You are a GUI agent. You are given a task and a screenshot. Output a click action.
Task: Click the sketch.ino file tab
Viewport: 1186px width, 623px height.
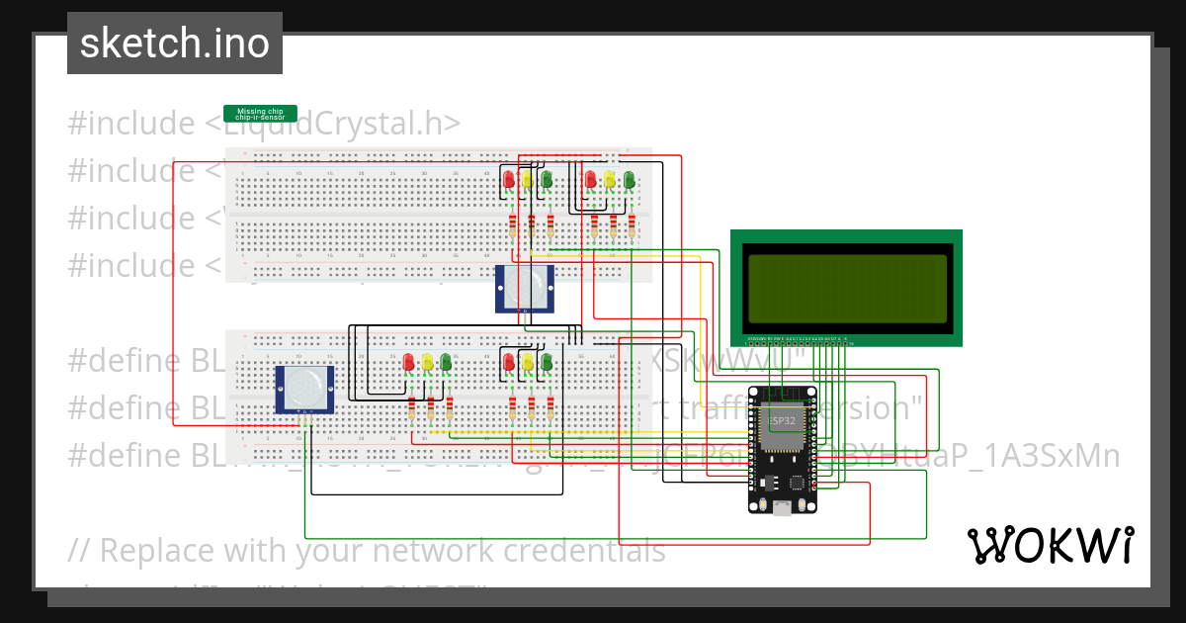175,44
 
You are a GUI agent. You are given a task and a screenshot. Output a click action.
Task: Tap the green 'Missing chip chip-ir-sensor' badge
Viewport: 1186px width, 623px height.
260,114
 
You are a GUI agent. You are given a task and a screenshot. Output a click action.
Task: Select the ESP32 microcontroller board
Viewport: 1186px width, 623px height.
783,450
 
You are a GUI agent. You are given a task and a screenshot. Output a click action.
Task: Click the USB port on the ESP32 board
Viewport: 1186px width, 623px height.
783,507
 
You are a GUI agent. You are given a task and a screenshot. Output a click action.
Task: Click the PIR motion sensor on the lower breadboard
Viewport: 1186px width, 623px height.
304,389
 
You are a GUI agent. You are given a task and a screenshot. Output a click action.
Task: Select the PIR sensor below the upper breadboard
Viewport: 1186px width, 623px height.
524,288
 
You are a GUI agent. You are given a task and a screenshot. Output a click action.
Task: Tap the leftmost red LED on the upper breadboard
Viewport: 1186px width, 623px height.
509,179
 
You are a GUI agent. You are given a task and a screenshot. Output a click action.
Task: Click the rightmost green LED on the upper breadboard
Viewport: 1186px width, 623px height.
629,179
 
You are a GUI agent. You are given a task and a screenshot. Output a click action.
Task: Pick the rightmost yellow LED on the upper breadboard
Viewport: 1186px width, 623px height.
610,179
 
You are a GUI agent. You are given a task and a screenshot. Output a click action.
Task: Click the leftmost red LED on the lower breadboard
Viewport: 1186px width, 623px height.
408,362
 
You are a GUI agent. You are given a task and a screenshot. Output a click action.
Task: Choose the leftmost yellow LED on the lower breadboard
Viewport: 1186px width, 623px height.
427,362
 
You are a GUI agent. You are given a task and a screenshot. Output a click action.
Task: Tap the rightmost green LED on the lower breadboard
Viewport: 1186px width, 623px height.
547,362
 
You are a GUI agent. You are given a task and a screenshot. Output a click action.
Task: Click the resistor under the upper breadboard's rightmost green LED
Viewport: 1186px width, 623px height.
632,226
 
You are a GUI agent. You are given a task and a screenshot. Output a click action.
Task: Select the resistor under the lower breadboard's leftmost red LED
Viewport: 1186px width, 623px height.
411,409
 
